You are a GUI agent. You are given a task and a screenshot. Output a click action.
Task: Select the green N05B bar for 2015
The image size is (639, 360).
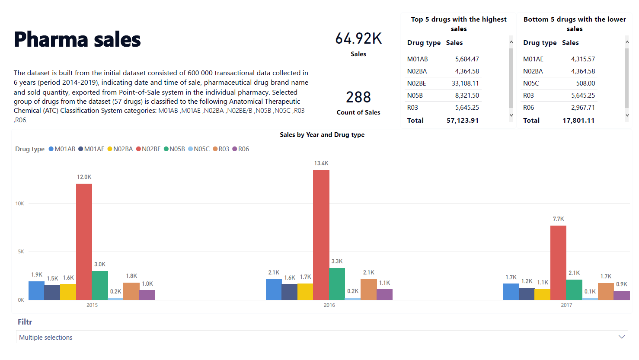pyautogui.click(x=99, y=285)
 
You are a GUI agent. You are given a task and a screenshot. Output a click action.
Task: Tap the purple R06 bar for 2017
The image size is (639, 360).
pyautogui.click(x=622, y=295)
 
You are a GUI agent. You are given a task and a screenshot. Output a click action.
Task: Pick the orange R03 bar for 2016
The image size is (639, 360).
pyautogui.click(x=368, y=290)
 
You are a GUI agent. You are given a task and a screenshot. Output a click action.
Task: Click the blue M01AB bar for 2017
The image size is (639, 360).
pyautogui.click(x=511, y=292)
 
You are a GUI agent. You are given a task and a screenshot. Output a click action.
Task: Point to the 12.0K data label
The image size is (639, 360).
pyautogui.click(x=84, y=177)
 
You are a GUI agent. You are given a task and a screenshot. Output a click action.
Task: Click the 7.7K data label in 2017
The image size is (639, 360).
pyautogui.click(x=558, y=219)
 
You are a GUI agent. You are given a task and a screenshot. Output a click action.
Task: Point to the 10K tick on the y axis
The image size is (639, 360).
pyautogui.click(x=20, y=204)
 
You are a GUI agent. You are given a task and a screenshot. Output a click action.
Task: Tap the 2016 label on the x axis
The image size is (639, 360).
pyautogui.click(x=329, y=305)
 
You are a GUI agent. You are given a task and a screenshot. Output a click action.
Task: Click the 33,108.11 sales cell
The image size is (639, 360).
pyautogui.click(x=465, y=83)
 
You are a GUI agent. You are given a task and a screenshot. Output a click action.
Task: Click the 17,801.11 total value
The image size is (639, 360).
pyautogui.click(x=578, y=121)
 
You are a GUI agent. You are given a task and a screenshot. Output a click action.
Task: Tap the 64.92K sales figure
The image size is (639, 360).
pyautogui.click(x=358, y=38)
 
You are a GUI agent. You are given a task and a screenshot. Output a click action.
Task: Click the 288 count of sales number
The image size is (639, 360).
pyautogui.click(x=358, y=97)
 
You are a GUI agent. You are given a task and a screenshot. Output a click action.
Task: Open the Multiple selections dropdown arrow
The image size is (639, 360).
pyautogui.click(x=622, y=337)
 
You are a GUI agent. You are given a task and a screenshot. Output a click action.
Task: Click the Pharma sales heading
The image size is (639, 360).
pyautogui.click(x=77, y=39)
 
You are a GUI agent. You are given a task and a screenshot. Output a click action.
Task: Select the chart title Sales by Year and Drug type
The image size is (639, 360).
pyautogui.click(x=322, y=135)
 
